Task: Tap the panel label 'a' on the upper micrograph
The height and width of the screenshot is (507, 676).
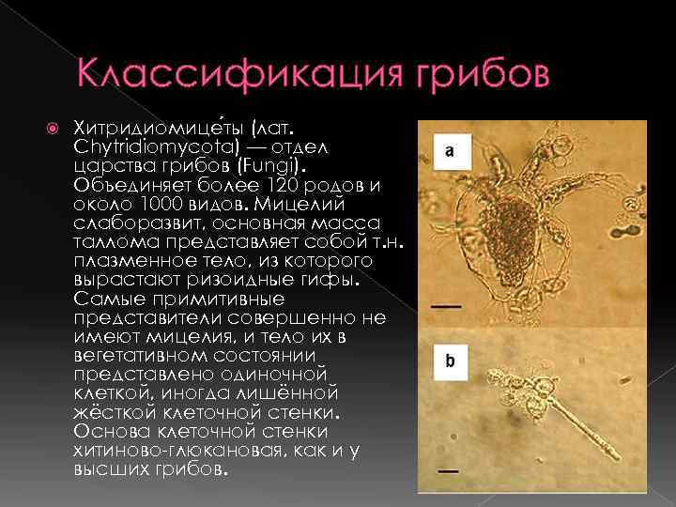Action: click(x=451, y=150)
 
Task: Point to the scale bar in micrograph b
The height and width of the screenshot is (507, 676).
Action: click(x=447, y=469)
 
